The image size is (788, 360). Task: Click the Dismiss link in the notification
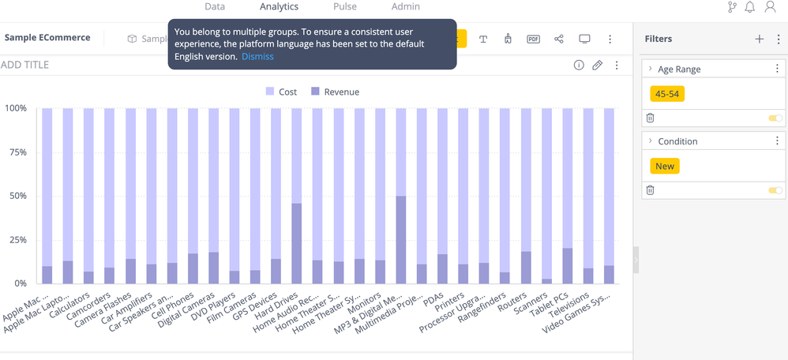[257, 57]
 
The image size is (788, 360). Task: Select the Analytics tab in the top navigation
[279, 6]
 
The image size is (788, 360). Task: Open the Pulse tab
[344, 6]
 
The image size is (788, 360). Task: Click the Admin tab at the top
[406, 6]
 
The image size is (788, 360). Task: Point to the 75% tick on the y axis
[16, 152]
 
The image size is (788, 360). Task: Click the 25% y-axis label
[16, 239]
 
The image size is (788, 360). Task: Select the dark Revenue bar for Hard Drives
[297, 243]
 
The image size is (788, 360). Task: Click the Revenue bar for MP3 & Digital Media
[401, 239]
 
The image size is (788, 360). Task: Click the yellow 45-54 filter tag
[666, 94]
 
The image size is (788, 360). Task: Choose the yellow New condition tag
[665, 166]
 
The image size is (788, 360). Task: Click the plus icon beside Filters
[759, 39]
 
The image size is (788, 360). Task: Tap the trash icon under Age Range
[651, 118]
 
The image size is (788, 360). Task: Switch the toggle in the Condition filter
[775, 190]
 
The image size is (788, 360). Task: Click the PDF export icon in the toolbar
[533, 39]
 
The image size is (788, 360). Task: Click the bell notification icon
[749, 7]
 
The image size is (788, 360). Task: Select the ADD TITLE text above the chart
[24, 65]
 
